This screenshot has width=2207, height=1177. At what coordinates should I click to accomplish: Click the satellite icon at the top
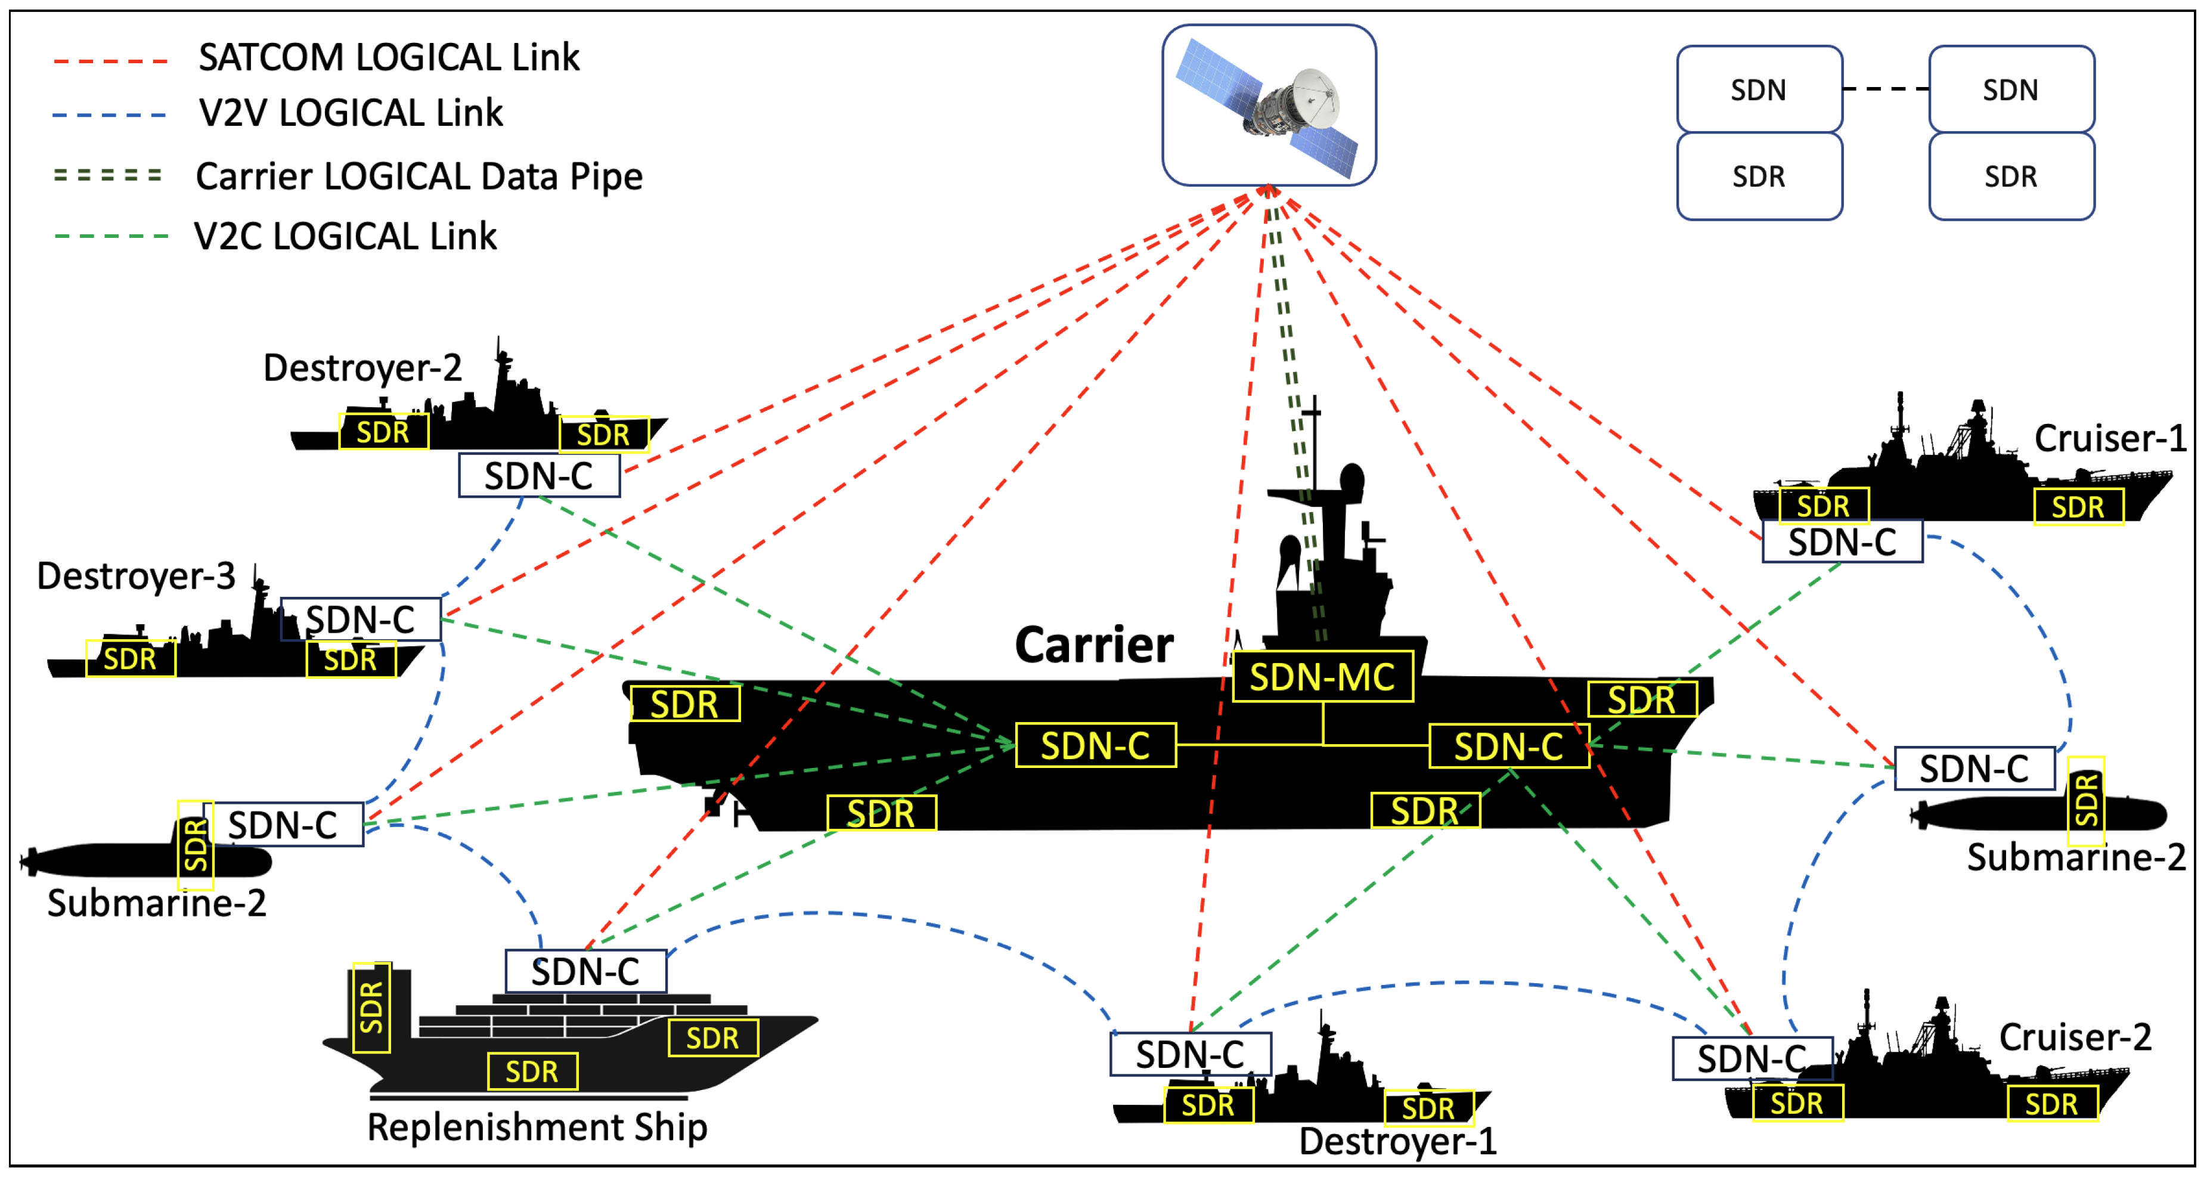point(1268,104)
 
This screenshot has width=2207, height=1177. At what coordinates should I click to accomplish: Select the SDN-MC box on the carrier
point(1322,677)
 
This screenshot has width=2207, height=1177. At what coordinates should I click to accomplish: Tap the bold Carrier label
point(1093,644)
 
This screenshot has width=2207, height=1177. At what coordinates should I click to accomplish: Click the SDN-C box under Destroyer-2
point(539,475)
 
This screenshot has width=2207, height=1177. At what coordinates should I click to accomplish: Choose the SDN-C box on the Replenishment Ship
point(585,971)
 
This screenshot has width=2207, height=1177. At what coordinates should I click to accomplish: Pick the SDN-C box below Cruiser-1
point(1842,542)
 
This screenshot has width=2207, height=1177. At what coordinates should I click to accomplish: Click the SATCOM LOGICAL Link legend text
point(389,57)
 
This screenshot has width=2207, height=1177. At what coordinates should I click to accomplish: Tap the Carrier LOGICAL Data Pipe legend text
point(419,176)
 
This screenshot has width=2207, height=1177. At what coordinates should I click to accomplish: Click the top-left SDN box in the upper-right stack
point(1759,89)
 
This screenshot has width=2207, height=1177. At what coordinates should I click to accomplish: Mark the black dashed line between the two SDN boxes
point(1886,89)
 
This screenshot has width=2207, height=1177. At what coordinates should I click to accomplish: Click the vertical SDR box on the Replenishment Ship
point(371,1008)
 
